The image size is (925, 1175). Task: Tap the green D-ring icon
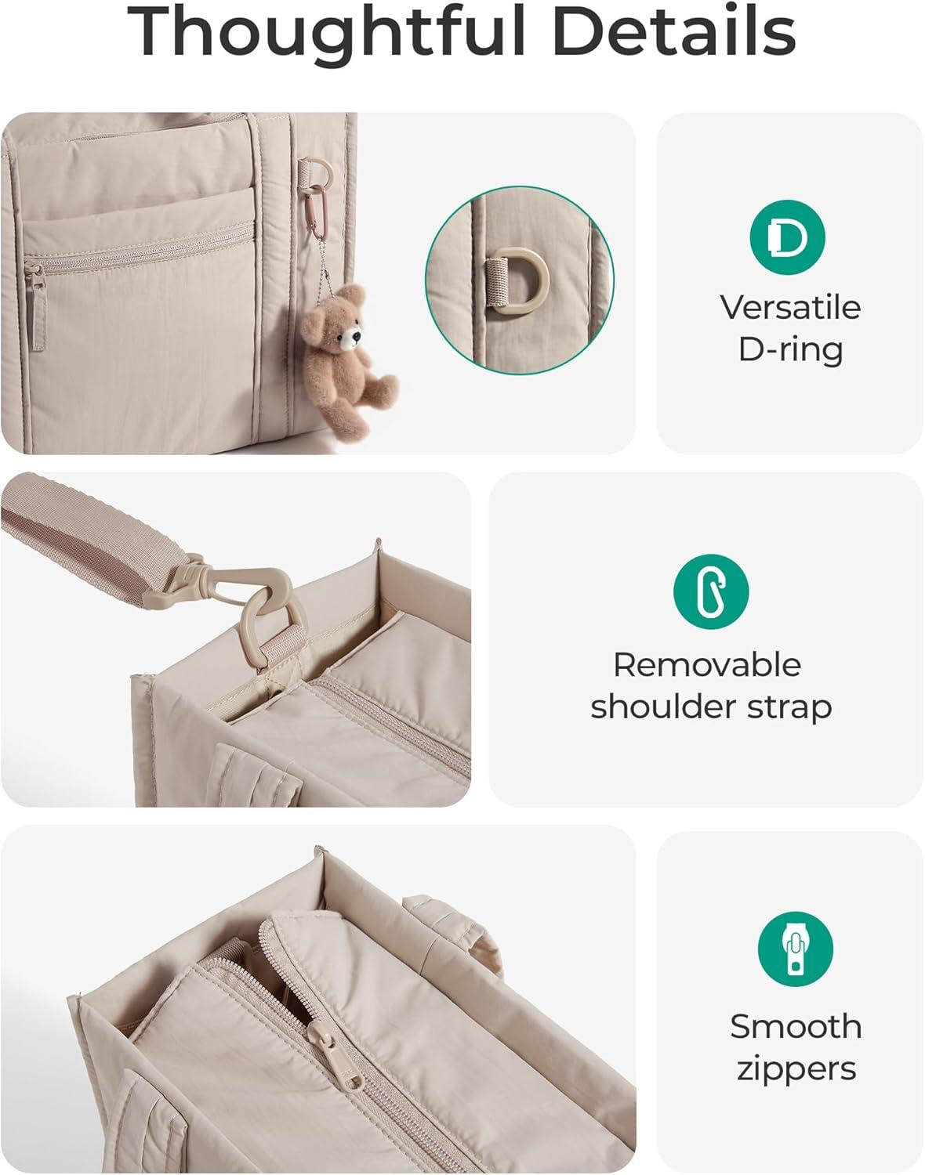(x=787, y=237)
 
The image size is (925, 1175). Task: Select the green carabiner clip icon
(x=711, y=592)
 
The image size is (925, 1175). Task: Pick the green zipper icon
(x=795, y=949)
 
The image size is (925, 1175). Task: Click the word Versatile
(x=791, y=307)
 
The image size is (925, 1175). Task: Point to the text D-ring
(x=791, y=350)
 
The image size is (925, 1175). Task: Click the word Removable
(x=707, y=665)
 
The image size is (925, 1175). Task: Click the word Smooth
(x=796, y=1026)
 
